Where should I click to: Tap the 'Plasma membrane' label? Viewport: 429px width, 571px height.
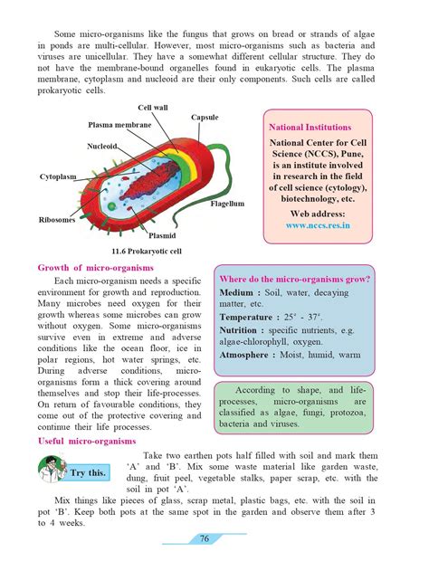coord(119,123)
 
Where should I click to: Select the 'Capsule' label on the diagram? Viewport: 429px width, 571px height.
coord(205,118)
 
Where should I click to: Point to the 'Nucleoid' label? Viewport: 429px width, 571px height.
coord(101,145)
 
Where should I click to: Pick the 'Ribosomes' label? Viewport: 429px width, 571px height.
coord(56,219)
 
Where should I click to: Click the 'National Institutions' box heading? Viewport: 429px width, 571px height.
coord(320,128)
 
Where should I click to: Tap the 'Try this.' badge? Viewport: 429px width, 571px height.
coord(88,473)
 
